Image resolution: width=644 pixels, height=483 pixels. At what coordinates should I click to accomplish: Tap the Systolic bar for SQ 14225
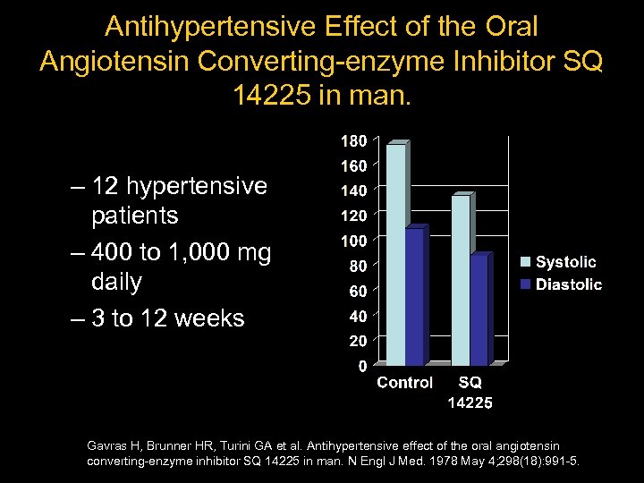coord(461,281)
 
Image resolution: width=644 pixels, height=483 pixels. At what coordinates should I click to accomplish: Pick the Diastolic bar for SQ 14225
coord(479,310)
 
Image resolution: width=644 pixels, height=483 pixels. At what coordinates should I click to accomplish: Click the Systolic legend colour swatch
coord(527,262)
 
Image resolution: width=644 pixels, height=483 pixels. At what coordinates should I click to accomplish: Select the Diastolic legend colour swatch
coord(527,284)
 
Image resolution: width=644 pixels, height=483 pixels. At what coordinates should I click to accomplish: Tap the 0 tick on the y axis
coord(361,366)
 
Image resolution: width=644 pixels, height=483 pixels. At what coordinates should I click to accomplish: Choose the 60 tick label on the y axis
coord(357,291)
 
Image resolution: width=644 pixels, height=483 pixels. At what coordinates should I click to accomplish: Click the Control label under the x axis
coord(404,383)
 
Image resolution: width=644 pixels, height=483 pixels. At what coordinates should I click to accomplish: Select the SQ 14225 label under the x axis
coord(470,393)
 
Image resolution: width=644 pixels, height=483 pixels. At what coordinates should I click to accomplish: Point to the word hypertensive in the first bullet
coord(199,186)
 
